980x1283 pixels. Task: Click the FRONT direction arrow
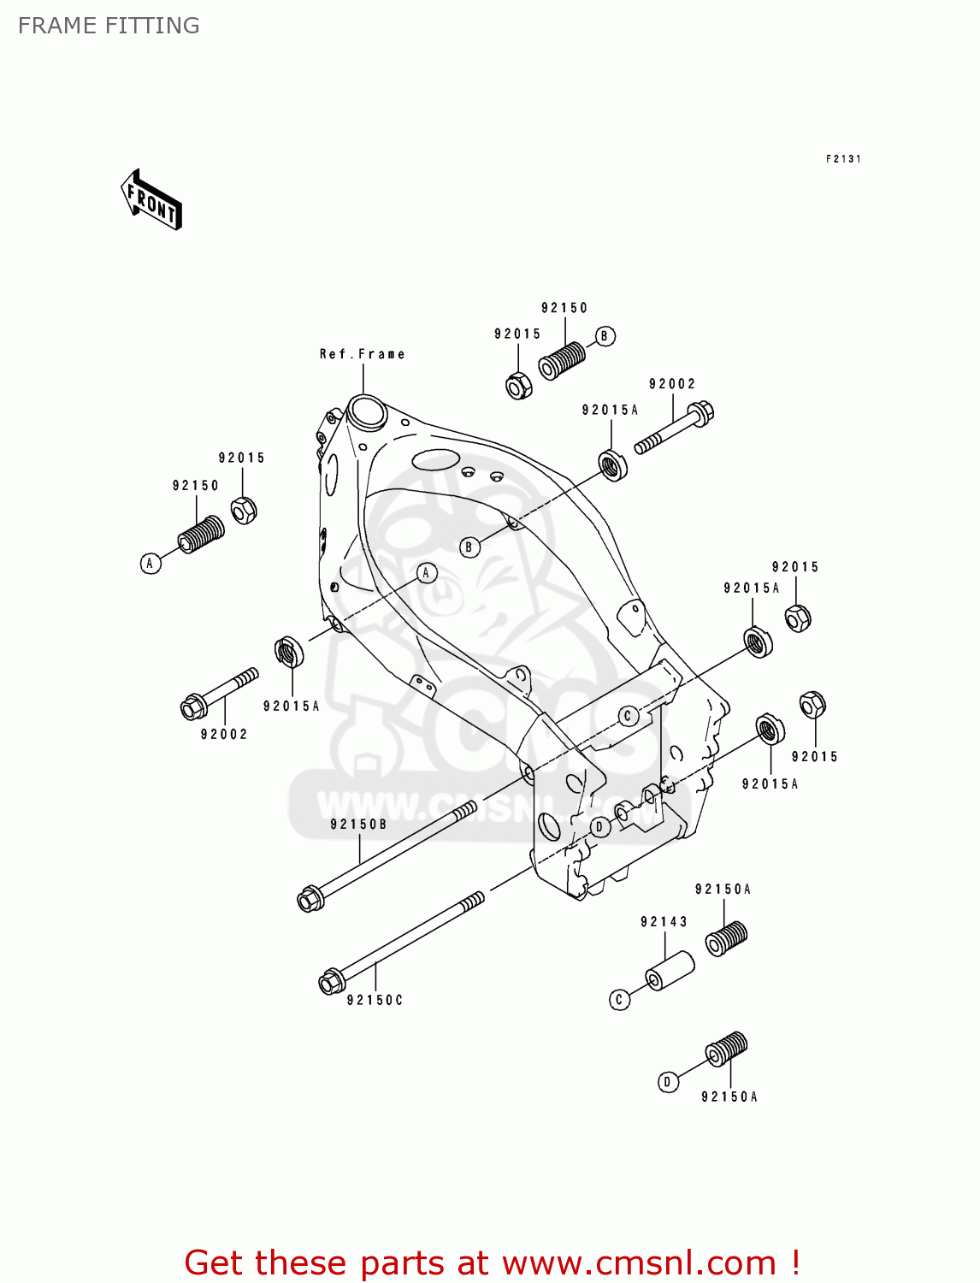pos(152,200)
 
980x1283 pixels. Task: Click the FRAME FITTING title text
pos(109,26)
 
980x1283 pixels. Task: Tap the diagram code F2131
pos(843,159)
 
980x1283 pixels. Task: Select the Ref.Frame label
pos(362,354)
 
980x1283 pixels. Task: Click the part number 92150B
pos(358,825)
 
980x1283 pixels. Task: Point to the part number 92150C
pos(375,1000)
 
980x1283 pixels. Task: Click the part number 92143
pos(664,921)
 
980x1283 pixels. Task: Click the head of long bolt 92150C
pos(331,983)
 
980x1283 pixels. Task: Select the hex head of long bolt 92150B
pos(310,899)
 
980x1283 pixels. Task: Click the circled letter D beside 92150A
pos(668,1082)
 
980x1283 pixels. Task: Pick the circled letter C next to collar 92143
pos(620,999)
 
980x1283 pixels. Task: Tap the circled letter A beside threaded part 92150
pos(151,563)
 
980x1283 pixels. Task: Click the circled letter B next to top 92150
pos(605,336)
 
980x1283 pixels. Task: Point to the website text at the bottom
pos(492,1262)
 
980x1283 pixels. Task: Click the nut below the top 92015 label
pos(518,386)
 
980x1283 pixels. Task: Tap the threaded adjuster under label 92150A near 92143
pos(726,938)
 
